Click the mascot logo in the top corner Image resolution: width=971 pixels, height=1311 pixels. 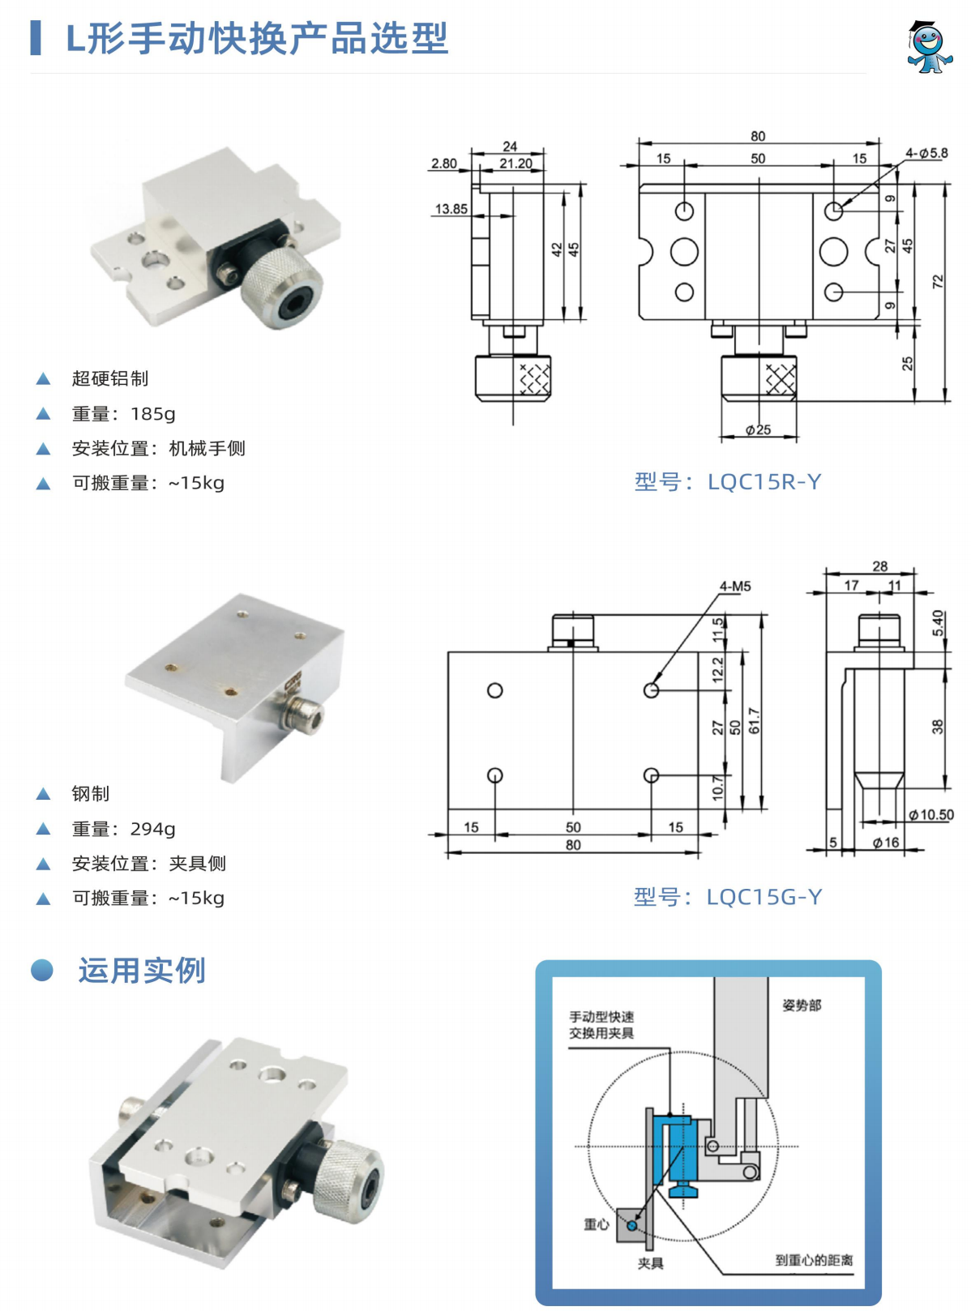[928, 47]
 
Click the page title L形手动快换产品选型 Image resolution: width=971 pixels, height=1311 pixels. [256, 39]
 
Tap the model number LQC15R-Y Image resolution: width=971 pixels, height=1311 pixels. [727, 482]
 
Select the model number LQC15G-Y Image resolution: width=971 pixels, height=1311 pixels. [727, 897]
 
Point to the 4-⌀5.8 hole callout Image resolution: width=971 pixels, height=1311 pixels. [926, 153]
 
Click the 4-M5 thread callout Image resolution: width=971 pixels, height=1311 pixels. [735, 586]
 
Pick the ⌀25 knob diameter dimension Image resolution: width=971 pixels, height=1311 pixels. [759, 429]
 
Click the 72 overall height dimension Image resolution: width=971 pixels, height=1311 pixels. [939, 282]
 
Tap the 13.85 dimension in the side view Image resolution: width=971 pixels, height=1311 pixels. [451, 209]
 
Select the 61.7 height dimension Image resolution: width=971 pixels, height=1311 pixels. [755, 720]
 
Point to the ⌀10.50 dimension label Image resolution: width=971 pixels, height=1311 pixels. [931, 815]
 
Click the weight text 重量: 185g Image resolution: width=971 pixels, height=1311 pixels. [123, 414]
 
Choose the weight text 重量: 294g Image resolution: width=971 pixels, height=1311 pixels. [123, 829]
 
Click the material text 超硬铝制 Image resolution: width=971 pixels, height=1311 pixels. [109, 378]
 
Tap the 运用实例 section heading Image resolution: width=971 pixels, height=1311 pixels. [142, 971]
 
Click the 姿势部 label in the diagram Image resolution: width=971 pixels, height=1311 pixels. [802, 1006]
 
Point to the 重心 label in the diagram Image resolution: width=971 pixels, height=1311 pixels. [596, 1224]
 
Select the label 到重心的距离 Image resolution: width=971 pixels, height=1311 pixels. [814, 1260]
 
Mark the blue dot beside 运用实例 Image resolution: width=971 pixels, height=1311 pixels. [42, 970]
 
